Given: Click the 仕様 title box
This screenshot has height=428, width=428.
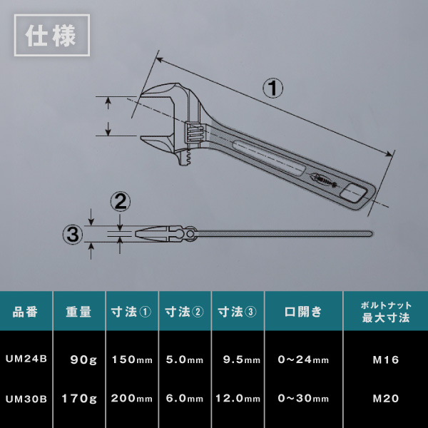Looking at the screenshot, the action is (x=52, y=35).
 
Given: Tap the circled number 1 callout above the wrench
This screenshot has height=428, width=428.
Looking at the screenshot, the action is (x=272, y=88).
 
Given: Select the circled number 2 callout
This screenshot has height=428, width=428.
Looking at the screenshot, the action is (x=120, y=202).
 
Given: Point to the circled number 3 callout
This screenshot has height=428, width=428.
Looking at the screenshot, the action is (x=73, y=235).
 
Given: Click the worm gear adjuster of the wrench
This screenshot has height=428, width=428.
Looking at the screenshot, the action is (x=194, y=133).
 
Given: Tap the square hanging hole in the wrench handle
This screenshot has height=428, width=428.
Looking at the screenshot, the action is (x=353, y=193).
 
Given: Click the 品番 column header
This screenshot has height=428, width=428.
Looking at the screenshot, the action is (x=25, y=312).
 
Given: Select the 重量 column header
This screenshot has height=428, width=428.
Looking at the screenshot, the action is (x=78, y=312).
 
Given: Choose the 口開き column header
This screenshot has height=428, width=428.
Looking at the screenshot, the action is (x=303, y=312).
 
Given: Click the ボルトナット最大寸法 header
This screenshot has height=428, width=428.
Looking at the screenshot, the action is (x=386, y=312).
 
